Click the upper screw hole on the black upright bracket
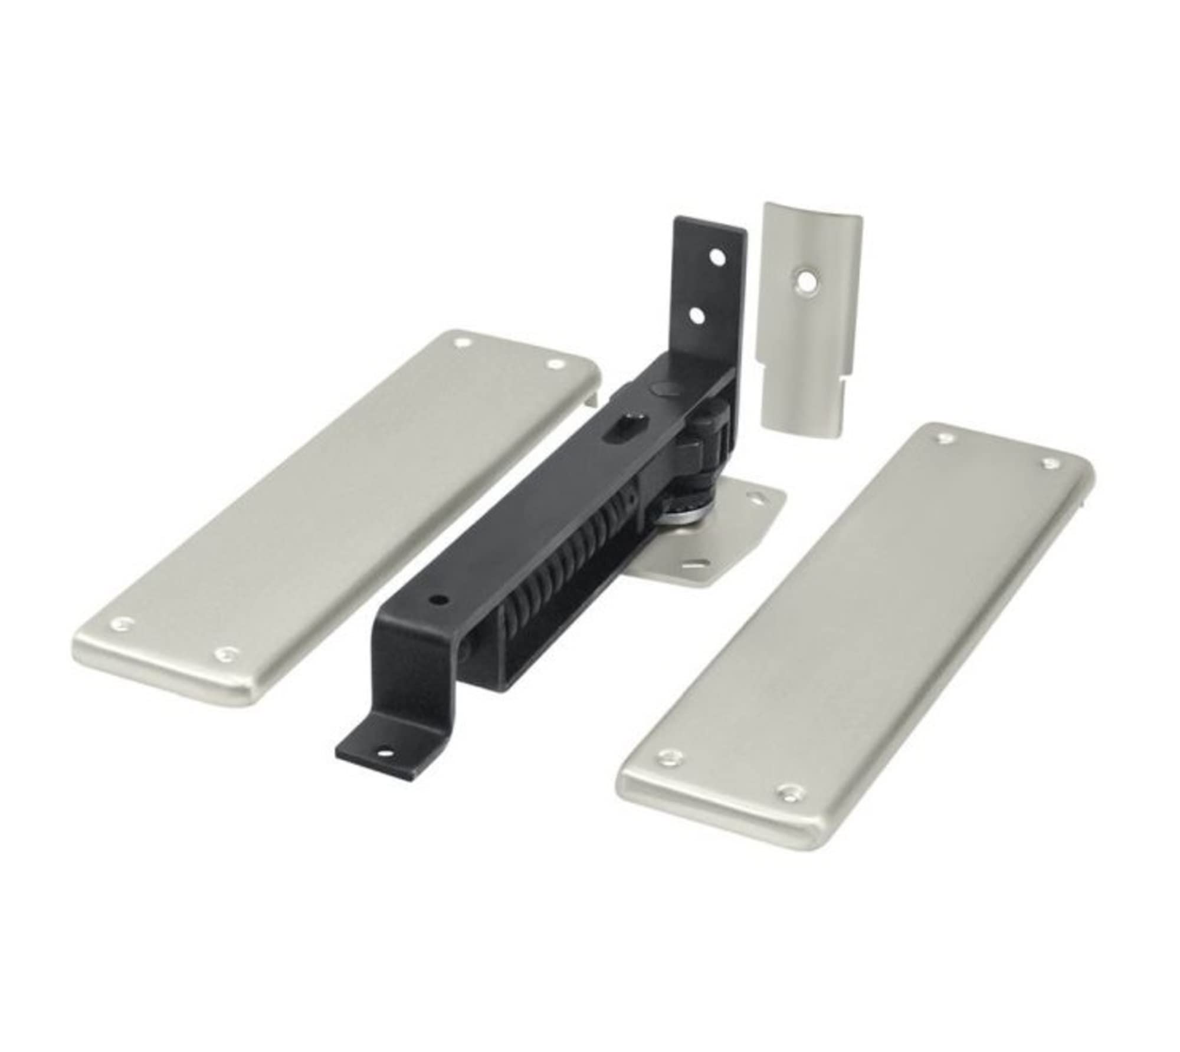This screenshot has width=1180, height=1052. (x=717, y=258)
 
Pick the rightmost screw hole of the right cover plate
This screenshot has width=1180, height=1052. (x=1050, y=464)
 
